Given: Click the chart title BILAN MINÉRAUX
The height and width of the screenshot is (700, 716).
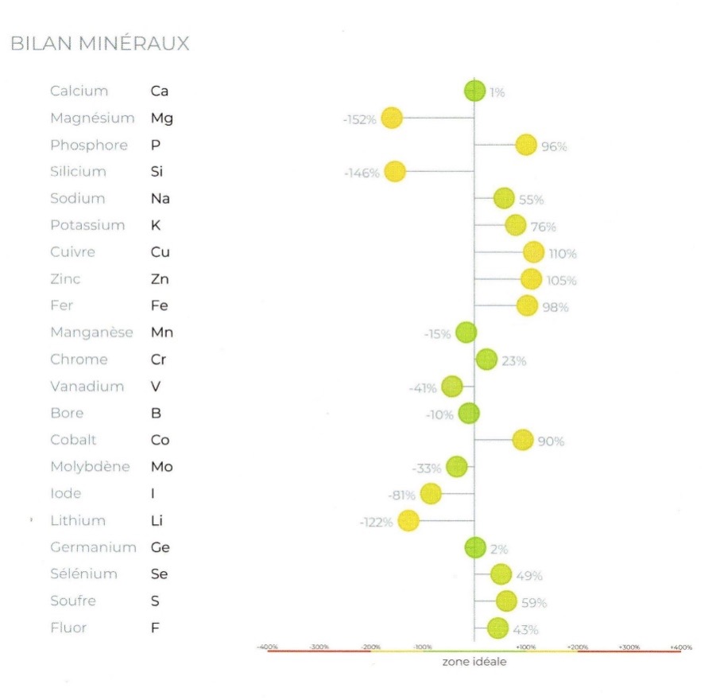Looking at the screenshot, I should pyautogui.click(x=100, y=44).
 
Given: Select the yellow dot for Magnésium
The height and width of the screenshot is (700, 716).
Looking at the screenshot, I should pyautogui.click(x=392, y=119).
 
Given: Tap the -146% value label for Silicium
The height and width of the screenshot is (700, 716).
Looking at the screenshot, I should pyautogui.click(x=362, y=173).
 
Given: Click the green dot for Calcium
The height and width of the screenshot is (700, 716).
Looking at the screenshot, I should pyautogui.click(x=474, y=91).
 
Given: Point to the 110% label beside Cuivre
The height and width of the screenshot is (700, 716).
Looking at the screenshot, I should pyautogui.click(x=563, y=254).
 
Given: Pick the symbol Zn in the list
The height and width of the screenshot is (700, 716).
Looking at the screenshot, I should pyautogui.click(x=160, y=279).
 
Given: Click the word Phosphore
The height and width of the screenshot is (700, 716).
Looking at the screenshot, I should pyautogui.click(x=88, y=145).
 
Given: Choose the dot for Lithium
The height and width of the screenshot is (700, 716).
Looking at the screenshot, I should pyautogui.click(x=408, y=521).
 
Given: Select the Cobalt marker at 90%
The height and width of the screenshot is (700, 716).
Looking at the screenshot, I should pyautogui.click(x=522, y=440).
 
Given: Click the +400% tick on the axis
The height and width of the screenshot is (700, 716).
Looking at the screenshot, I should pyautogui.click(x=682, y=647).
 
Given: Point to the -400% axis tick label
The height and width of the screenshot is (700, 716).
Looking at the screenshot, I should pyautogui.click(x=267, y=647).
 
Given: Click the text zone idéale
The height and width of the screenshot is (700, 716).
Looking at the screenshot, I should pyautogui.click(x=474, y=662).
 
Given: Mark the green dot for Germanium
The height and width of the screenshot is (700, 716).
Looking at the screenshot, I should pyautogui.click(x=475, y=547).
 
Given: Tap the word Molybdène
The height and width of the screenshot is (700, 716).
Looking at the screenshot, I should pyautogui.click(x=89, y=467).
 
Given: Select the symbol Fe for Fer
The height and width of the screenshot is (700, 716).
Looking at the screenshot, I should pyautogui.click(x=159, y=305).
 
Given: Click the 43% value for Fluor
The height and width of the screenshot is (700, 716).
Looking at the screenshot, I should pyautogui.click(x=526, y=629).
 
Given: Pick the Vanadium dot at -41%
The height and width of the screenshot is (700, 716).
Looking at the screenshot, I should pyautogui.click(x=452, y=387).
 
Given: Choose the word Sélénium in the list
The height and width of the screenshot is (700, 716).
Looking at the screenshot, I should pyautogui.click(x=83, y=574).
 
